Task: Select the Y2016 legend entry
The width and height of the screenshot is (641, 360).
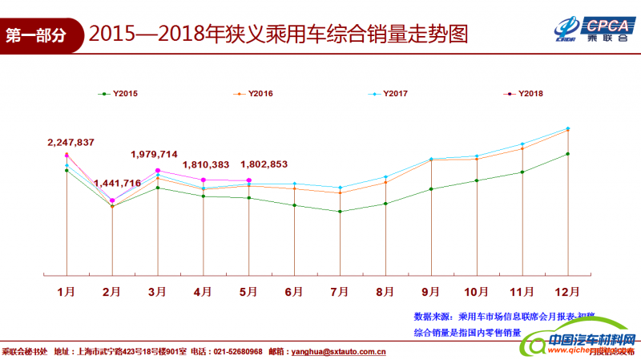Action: point(254,94)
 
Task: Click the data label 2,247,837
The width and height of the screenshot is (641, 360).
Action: point(71,143)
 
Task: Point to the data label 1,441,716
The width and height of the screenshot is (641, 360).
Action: point(117,184)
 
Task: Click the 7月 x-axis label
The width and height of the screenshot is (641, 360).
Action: point(340,290)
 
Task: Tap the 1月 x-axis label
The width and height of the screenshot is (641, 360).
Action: point(67,290)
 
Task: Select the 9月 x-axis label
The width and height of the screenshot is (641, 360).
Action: point(431,290)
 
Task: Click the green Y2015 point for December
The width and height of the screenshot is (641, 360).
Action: point(568,154)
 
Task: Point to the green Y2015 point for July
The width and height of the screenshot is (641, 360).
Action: point(341,212)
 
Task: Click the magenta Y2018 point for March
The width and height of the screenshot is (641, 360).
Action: point(158,171)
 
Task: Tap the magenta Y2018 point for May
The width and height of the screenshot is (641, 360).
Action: point(249,180)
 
